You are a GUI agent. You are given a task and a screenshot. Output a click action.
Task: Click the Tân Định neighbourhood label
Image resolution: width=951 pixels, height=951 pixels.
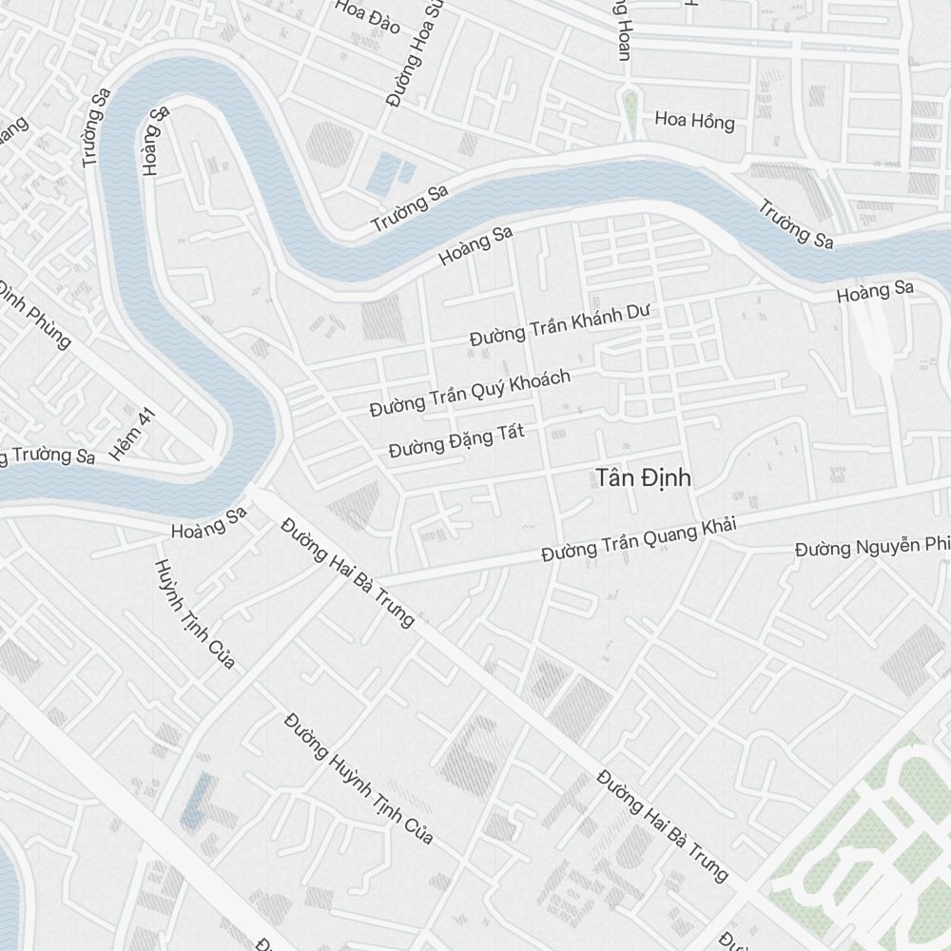(x=644, y=477)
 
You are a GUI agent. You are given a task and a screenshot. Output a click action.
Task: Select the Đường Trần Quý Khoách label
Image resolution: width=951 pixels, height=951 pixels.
(x=470, y=393)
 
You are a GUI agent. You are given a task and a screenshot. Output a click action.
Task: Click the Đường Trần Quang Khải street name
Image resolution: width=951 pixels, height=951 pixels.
(x=639, y=538)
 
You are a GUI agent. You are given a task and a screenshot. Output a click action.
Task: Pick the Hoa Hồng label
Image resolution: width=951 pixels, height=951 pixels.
(x=694, y=122)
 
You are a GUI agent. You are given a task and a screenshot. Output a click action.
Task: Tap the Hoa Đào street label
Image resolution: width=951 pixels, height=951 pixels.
(x=367, y=16)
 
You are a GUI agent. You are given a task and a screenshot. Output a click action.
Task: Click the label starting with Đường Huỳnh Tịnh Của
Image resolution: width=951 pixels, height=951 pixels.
(x=359, y=778)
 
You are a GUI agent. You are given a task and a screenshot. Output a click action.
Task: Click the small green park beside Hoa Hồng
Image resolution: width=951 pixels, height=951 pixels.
(x=629, y=112)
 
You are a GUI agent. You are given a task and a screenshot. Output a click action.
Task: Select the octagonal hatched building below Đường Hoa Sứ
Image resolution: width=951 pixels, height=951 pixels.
(x=329, y=144)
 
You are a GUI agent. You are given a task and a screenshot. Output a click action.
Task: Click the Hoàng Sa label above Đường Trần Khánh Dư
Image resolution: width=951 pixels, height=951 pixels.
(x=475, y=245)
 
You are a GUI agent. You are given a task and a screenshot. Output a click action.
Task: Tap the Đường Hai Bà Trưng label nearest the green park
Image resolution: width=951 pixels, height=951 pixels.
(x=662, y=825)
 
